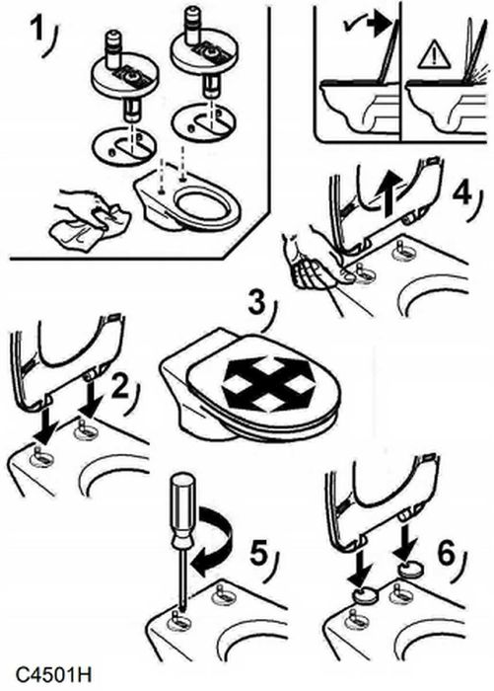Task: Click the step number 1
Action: [38, 30]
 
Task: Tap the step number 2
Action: [120, 386]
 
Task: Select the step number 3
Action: [257, 304]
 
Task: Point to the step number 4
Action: [463, 193]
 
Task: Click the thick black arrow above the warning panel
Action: [379, 26]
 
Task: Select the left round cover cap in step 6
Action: [366, 596]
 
